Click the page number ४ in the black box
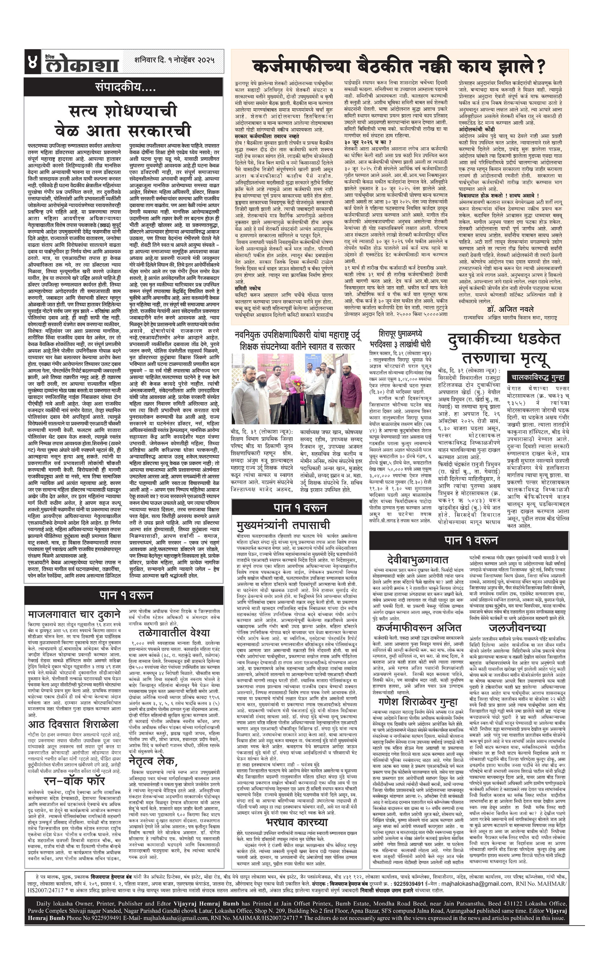click(32, 62)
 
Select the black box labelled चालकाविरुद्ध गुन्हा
click(537, 377)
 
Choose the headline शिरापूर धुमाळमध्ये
click(399, 333)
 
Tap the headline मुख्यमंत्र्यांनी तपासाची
click(283, 525)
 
